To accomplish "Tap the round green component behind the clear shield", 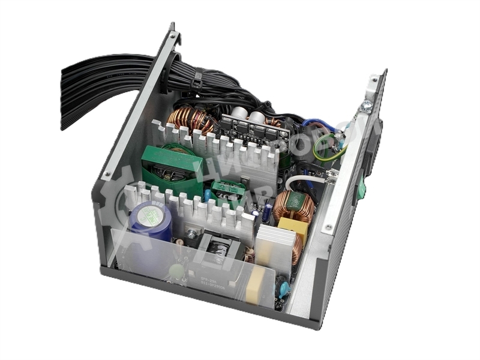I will pyautogui.click(x=175, y=271).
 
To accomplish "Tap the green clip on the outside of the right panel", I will pyautogui.click(x=362, y=190).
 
